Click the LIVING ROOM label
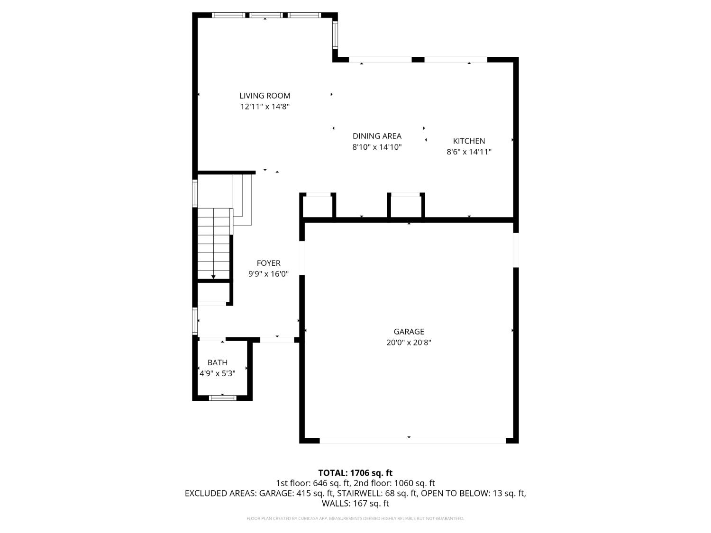pyautogui.click(x=264, y=96)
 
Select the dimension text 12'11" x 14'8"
pyautogui.click(x=264, y=107)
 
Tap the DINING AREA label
pyautogui.click(x=377, y=136)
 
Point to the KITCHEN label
pyautogui.click(x=469, y=141)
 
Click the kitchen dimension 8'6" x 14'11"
pyautogui.click(x=469, y=152)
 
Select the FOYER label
pyautogui.click(x=268, y=263)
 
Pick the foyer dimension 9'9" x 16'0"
pyautogui.click(x=268, y=274)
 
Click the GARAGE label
pyautogui.click(x=409, y=332)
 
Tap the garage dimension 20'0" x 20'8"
pyautogui.click(x=409, y=343)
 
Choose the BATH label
pyautogui.click(x=217, y=362)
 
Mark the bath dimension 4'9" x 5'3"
pyautogui.click(x=217, y=373)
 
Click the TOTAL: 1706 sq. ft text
pyautogui.click(x=355, y=473)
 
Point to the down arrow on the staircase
pyautogui.click(x=213, y=277)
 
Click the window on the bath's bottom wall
pyautogui.click(x=222, y=397)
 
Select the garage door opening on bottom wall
pyautogui.click(x=412, y=441)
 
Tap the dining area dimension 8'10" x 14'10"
pyautogui.click(x=377, y=147)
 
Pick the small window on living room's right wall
pyautogui.click(x=335, y=35)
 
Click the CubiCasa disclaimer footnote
pyautogui.click(x=355, y=518)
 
